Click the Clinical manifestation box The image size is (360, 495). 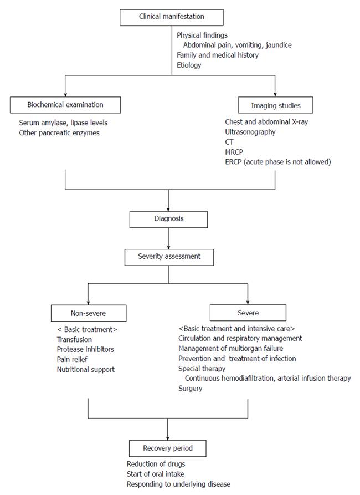171,17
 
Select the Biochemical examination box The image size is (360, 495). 65,105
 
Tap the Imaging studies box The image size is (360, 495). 275,105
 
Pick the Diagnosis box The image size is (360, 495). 168,220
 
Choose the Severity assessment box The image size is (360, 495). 169,257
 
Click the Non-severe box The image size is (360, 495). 89,313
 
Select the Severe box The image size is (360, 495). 248,313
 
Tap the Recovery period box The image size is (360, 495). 167,448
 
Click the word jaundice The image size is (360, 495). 279,45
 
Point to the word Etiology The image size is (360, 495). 189,65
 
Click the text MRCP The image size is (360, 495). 234,152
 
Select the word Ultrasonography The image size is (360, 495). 250,132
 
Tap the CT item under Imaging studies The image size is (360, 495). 229,142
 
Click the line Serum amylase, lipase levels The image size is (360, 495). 63,123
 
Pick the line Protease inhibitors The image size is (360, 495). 85,349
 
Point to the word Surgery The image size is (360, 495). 191,389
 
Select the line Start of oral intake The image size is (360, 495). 155,474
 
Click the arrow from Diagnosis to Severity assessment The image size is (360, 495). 168,238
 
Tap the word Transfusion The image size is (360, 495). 74,340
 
